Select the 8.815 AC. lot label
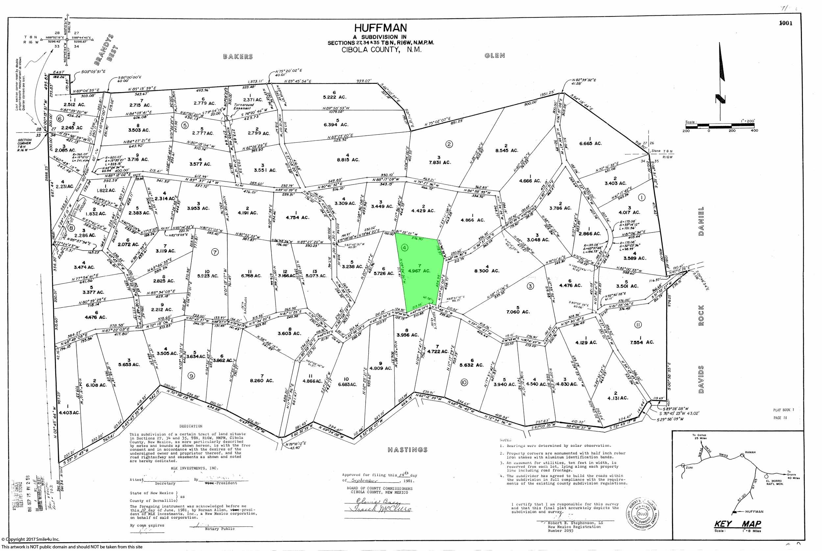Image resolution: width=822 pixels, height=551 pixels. (x=348, y=159)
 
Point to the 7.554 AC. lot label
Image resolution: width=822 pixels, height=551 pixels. (x=642, y=342)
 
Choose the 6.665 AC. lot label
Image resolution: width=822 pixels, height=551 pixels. (x=591, y=143)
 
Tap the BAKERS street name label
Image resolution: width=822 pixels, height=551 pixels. (x=238, y=57)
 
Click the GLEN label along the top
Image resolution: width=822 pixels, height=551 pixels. (x=495, y=56)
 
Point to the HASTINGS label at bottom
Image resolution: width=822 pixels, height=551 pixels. (x=408, y=449)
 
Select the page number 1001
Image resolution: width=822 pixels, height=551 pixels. (x=786, y=23)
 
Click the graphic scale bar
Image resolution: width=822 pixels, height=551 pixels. (x=720, y=126)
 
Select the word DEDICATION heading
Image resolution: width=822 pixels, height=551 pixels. (x=191, y=426)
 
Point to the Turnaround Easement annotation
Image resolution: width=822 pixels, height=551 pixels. (x=244, y=107)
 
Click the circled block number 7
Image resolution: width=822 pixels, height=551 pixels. (x=215, y=252)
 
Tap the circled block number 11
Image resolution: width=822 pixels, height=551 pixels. (x=638, y=325)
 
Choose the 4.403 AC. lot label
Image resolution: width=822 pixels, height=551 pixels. (x=69, y=413)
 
